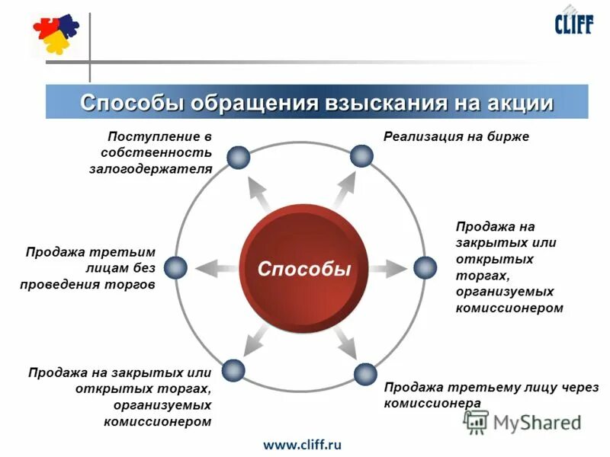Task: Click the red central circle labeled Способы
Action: click(303, 268)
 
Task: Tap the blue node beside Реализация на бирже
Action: click(361, 156)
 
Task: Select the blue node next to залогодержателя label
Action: click(239, 156)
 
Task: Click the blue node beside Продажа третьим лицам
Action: click(175, 267)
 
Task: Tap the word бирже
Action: click(509, 136)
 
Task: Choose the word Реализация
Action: click(421, 136)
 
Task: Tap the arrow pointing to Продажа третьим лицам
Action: click(215, 267)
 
